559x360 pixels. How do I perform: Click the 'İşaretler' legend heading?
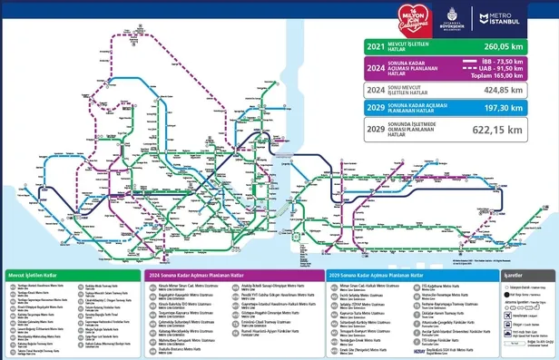click(x=513, y=273)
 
